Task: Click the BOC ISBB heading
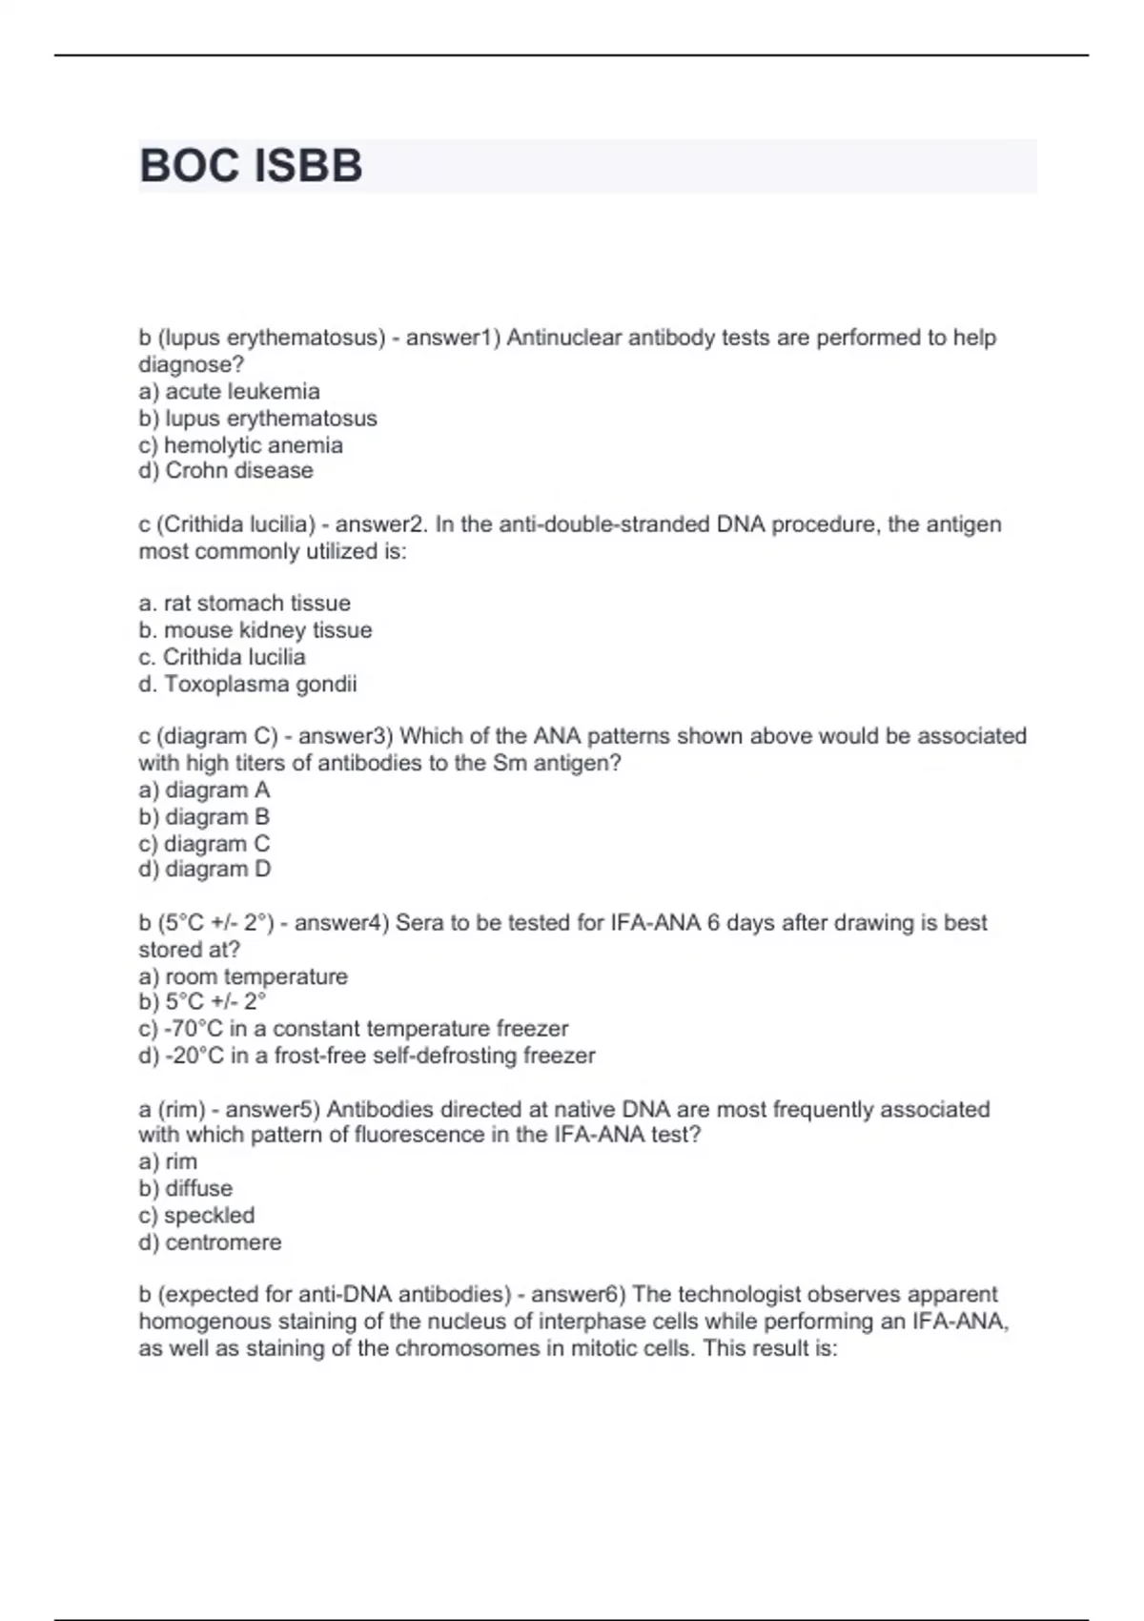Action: pyautogui.click(x=251, y=166)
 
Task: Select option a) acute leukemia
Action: pyautogui.click(x=229, y=391)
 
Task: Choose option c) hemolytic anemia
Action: pyautogui.click(x=240, y=444)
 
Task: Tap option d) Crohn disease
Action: pyautogui.click(x=225, y=470)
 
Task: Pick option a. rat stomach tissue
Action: pyautogui.click(x=244, y=603)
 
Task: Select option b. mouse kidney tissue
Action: pyautogui.click(x=255, y=629)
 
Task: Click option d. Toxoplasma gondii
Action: pyautogui.click(x=248, y=684)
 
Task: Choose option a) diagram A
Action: pyautogui.click(x=204, y=790)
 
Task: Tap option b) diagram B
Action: pyautogui.click(x=204, y=816)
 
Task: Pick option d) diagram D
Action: pyautogui.click(x=204, y=869)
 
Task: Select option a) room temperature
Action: pyautogui.click(x=243, y=976)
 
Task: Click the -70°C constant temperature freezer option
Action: pyautogui.click(x=353, y=1029)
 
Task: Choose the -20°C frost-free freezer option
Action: pyautogui.click(x=366, y=1056)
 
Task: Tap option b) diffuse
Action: pyautogui.click(x=185, y=1188)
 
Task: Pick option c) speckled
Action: pyautogui.click(x=196, y=1215)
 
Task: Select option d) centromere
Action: pyautogui.click(x=210, y=1242)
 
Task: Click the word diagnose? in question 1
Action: pyautogui.click(x=192, y=364)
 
